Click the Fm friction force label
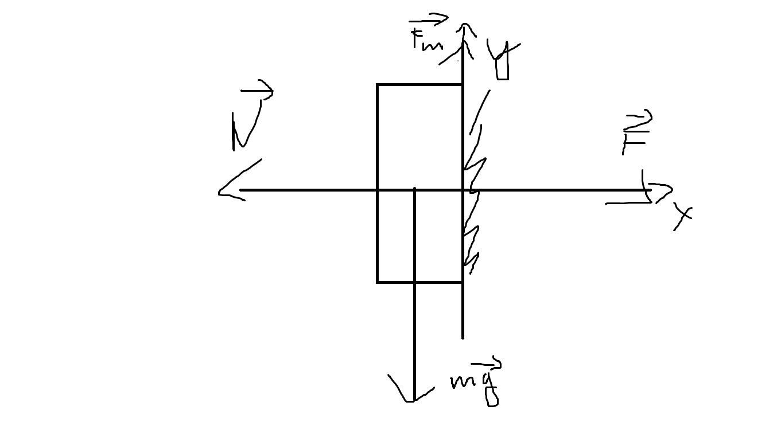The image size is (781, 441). pos(426,40)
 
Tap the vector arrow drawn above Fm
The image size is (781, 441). pos(429,21)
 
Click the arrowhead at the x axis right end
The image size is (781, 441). pos(660,190)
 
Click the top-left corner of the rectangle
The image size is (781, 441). pos(378,85)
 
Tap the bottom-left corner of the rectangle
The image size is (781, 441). pos(378,282)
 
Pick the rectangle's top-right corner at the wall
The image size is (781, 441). pos(463,85)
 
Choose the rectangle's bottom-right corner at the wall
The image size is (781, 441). pos(463,282)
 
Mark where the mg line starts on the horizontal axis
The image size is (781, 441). pos(414,189)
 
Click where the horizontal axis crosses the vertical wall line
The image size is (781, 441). pos(463,189)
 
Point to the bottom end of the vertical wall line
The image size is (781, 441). pos(463,337)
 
